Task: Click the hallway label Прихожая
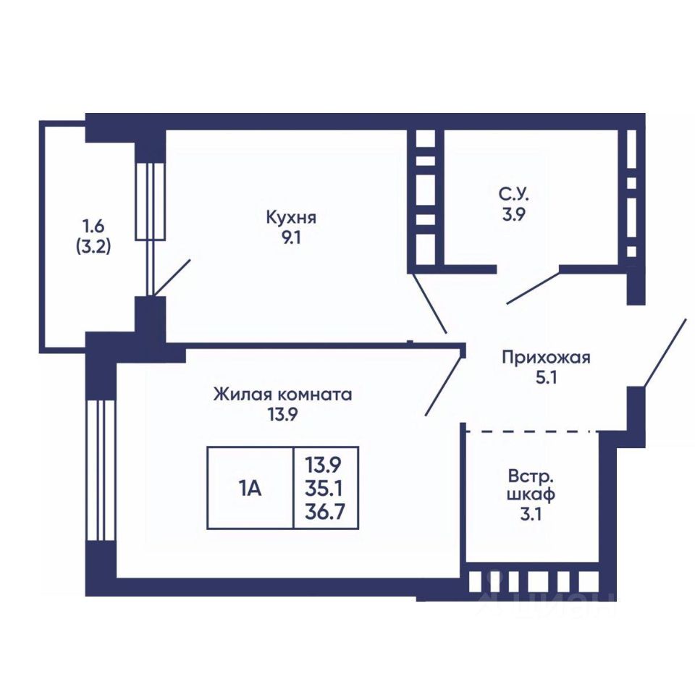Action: click(546, 357)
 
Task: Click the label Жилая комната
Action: click(282, 395)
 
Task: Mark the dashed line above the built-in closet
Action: click(531, 431)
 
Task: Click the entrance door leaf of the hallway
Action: click(664, 352)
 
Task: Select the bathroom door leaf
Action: click(533, 287)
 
